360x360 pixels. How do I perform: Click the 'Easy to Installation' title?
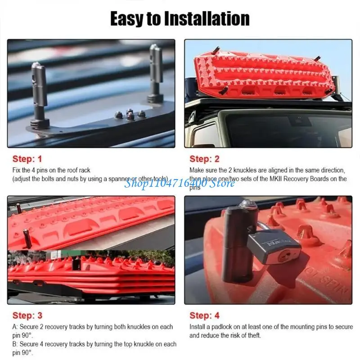coord(180,18)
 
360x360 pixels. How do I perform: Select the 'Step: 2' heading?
coord(204,159)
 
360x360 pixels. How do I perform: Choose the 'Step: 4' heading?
coord(204,315)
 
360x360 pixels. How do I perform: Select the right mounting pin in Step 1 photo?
coord(156,74)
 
